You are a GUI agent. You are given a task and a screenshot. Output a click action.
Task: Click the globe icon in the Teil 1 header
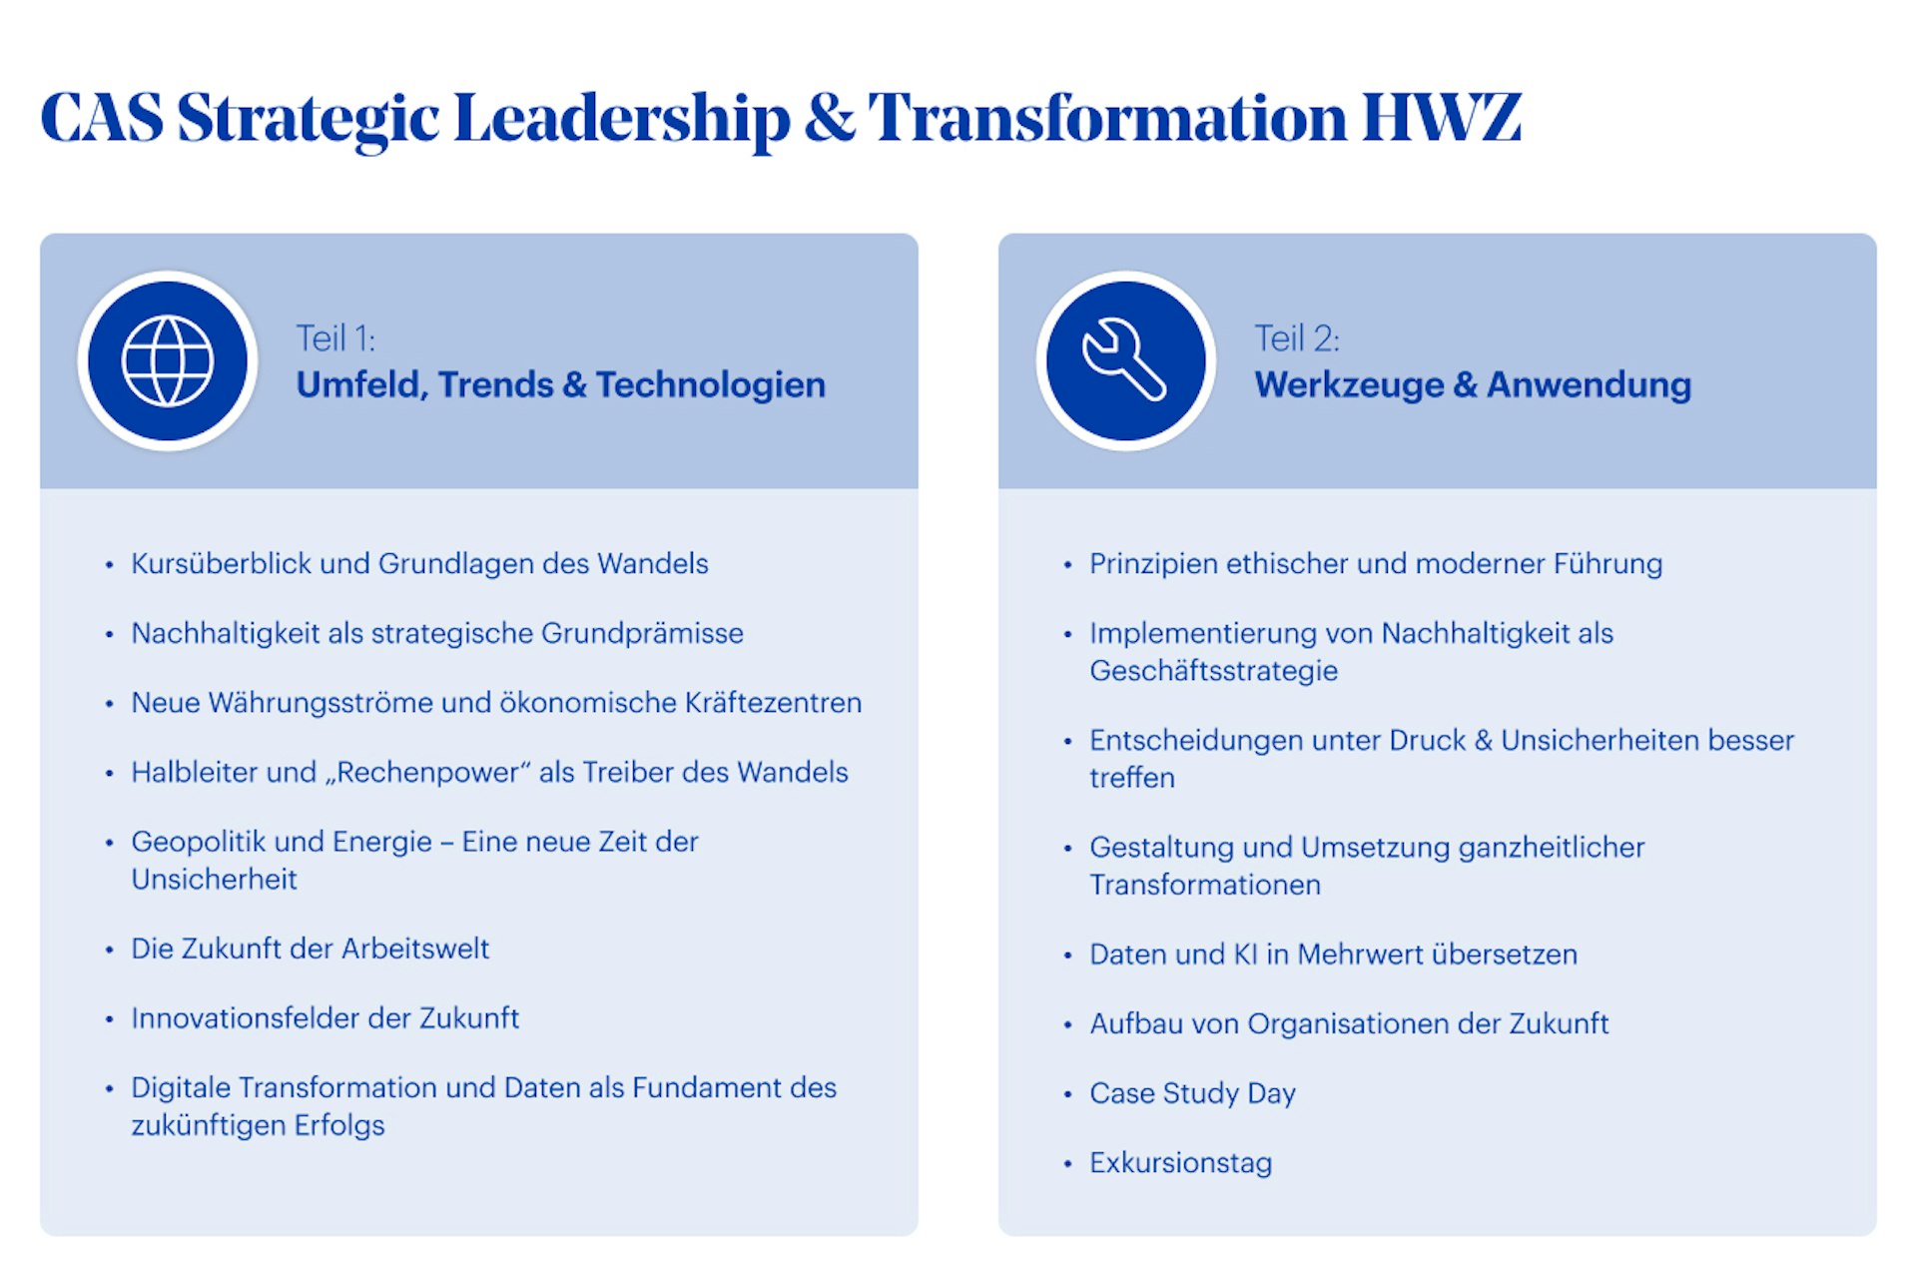pyautogui.click(x=168, y=361)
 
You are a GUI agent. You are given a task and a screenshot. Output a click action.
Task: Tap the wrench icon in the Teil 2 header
pyautogui.click(x=1125, y=361)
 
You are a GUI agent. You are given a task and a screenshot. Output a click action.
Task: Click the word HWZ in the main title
pyautogui.click(x=1442, y=118)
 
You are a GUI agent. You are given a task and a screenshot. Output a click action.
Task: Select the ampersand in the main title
pyautogui.click(x=830, y=118)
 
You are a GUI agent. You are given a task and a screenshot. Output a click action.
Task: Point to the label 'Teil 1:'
pyautogui.click(x=335, y=339)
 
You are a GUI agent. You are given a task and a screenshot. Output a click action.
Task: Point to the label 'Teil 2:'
pyautogui.click(x=1297, y=339)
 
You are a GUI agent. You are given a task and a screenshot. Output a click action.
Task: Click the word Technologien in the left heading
pyautogui.click(x=711, y=385)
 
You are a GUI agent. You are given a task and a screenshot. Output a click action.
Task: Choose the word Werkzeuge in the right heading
pyautogui.click(x=1349, y=385)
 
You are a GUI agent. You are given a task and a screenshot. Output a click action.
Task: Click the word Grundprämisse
pyautogui.click(x=642, y=634)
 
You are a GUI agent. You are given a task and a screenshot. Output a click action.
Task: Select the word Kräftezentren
pyautogui.click(x=773, y=703)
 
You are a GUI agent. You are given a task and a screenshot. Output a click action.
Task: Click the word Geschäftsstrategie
pyautogui.click(x=1213, y=671)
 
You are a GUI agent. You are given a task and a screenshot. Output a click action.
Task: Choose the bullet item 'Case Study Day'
pyautogui.click(x=1192, y=1093)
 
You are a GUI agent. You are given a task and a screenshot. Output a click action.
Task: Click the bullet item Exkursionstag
pyautogui.click(x=1180, y=1163)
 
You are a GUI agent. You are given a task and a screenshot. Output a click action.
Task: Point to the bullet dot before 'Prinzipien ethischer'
pyautogui.click(x=1067, y=565)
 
